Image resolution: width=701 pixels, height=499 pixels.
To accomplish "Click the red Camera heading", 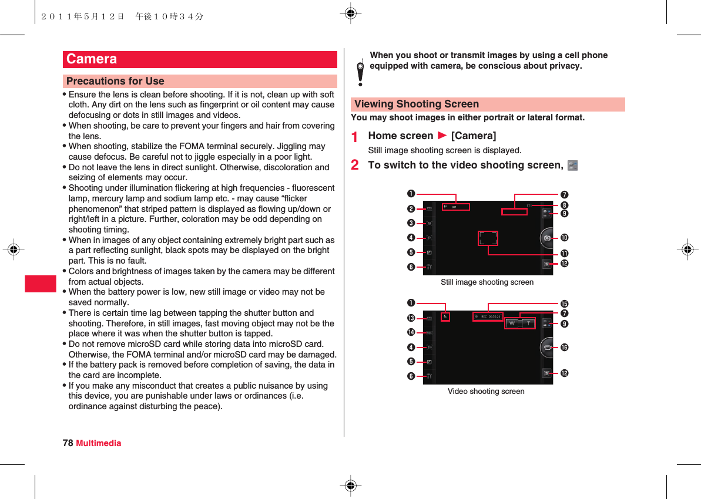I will [92, 59].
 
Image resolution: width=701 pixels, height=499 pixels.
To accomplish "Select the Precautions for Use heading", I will [115, 81].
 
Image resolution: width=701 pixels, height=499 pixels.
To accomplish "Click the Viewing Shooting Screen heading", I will [417, 104].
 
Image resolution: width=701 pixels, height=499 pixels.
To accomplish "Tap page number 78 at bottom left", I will [68, 443].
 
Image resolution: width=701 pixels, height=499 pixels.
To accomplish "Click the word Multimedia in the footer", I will [99, 443].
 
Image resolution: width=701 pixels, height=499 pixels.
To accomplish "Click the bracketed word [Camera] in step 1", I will [474, 136].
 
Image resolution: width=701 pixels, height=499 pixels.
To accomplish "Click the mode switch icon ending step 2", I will [573, 166].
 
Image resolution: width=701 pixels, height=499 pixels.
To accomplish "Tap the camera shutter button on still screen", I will [547, 238].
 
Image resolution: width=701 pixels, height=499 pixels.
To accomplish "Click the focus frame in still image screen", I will [488, 238].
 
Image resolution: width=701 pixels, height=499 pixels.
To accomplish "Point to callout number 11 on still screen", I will [565, 252].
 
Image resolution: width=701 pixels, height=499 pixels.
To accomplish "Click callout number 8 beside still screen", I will [565, 205].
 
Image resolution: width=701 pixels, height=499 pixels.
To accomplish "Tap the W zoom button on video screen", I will [512, 323].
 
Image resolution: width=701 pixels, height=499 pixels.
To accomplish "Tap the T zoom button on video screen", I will [528, 323].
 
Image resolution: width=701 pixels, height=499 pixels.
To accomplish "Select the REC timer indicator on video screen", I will [488, 316].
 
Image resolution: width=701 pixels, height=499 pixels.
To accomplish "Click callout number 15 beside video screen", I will [565, 304].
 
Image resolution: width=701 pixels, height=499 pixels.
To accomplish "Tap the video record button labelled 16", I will [547, 348].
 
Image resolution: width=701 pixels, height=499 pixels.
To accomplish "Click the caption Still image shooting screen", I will [487, 282].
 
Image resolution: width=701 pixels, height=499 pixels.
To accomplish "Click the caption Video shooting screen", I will [486, 391].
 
